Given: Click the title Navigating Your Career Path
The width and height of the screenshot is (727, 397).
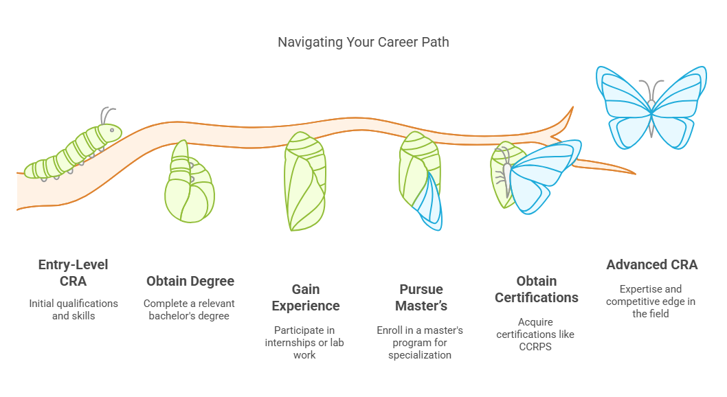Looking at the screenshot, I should (363, 42).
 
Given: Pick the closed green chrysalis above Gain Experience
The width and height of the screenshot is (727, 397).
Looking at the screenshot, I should (304, 181).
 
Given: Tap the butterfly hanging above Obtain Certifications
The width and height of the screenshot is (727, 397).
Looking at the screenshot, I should (539, 175).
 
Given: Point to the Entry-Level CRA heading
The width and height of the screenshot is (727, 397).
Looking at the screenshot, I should (74, 273).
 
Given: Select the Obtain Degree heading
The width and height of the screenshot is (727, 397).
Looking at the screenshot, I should (190, 281).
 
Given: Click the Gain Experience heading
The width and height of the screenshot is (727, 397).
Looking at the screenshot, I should (306, 297).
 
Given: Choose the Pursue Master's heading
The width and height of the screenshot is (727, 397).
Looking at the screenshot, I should (421, 297).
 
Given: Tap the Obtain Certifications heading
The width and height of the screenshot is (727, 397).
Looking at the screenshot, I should (537, 289).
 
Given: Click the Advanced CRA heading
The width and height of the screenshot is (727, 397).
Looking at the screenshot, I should (652, 264).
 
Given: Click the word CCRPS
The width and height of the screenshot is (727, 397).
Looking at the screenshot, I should (537, 345).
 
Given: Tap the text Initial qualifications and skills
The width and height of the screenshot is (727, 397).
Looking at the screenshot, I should (74, 309).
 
